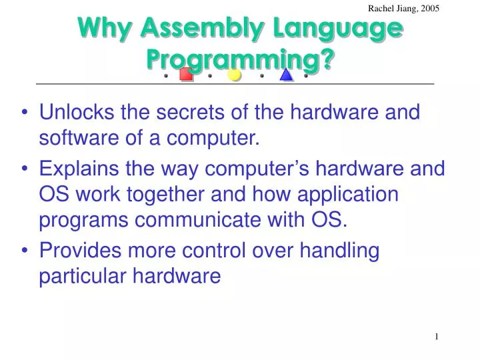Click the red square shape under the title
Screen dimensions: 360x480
pyautogui.click(x=187, y=75)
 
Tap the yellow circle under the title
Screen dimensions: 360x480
pyautogui.click(x=235, y=75)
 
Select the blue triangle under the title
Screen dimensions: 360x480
pyautogui.click(x=287, y=75)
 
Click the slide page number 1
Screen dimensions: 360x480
pyautogui.click(x=437, y=337)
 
